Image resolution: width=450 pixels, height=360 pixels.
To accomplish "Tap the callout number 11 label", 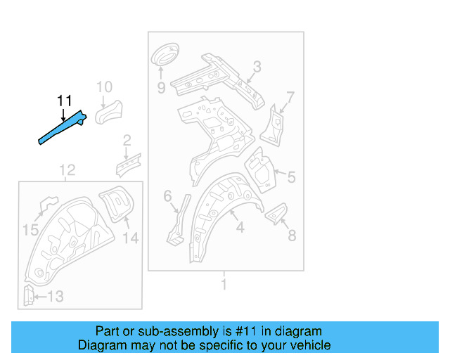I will click(64, 101).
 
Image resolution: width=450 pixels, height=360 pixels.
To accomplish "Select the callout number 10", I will click(104, 87).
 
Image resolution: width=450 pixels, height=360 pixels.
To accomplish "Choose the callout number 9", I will click(161, 88).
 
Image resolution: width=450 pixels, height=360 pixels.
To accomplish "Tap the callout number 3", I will click(257, 67).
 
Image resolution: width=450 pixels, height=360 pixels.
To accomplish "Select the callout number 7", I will click(290, 96).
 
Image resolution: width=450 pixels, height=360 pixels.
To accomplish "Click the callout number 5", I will click(291, 177).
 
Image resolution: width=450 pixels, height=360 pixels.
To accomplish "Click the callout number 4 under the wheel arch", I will click(240, 228).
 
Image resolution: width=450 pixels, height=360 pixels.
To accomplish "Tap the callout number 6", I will click(168, 196).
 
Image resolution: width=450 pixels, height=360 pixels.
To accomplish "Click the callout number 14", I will click(131, 238).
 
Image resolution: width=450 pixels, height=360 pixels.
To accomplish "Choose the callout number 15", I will click(30, 229).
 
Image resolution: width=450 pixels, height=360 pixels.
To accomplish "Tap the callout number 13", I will click(55, 297).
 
